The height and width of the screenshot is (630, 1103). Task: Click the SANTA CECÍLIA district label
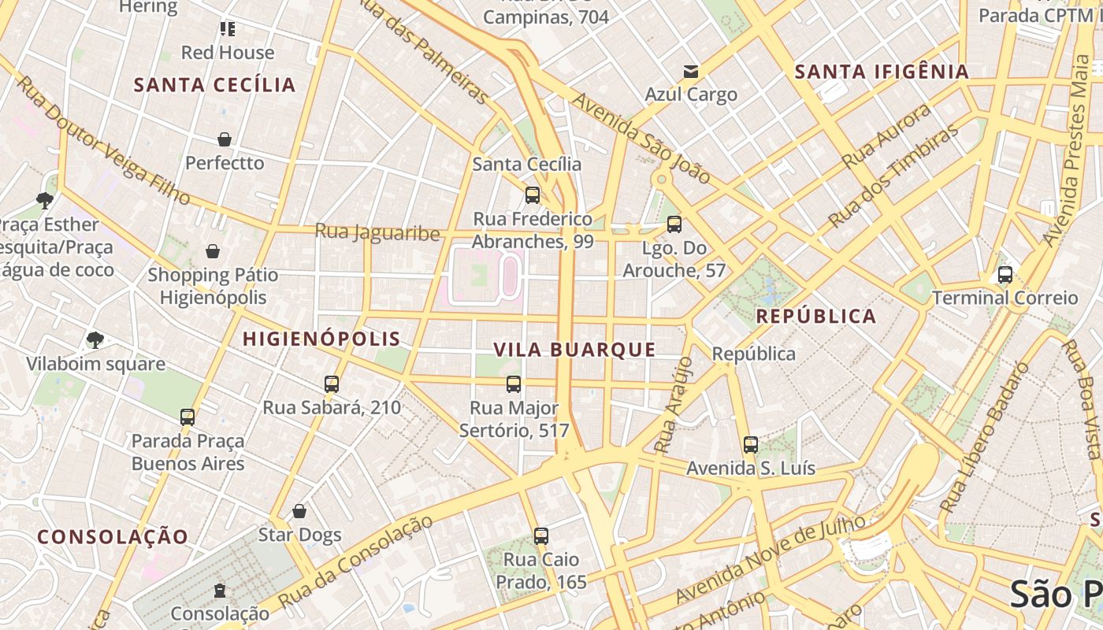click(214, 85)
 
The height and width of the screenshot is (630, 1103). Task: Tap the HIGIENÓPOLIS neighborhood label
click(321, 339)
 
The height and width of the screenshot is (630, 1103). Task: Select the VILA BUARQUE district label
click(574, 350)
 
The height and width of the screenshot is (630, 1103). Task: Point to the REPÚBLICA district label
click(815, 317)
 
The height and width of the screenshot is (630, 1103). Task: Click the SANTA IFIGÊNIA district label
click(881, 72)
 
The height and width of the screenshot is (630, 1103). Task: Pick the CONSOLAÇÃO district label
click(113, 537)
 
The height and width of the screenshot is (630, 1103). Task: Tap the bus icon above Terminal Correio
click(1005, 275)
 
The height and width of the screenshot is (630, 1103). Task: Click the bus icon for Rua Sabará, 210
click(332, 384)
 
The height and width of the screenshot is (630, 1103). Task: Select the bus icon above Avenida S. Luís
click(751, 445)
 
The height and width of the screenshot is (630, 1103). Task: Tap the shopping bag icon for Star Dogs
click(299, 511)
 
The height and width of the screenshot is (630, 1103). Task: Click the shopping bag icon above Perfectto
click(225, 139)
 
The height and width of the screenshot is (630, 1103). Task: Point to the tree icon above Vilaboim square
click(95, 340)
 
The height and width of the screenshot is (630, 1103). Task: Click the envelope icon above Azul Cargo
click(691, 72)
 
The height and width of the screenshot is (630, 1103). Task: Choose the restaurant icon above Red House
click(228, 29)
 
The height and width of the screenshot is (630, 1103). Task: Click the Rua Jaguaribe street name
click(377, 232)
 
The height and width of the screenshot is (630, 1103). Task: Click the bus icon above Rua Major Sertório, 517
click(514, 384)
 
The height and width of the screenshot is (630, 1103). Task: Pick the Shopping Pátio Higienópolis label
click(213, 286)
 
